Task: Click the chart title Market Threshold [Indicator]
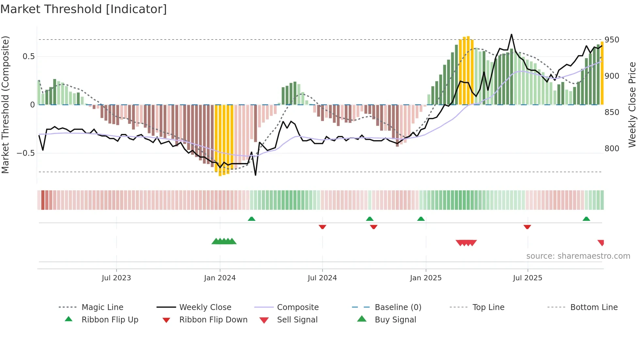coord(84,9)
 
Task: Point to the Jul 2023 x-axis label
coord(116,278)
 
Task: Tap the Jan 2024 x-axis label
coord(220,278)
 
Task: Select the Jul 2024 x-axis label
coord(322,278)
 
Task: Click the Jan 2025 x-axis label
coord(426,278)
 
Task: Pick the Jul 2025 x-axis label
coord(528,278)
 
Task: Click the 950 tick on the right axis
coord(612,40)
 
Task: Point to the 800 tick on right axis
coord(612,149)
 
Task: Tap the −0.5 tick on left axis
coord(26,153)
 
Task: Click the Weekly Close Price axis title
coord(632,105)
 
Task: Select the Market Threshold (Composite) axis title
coord(5,105)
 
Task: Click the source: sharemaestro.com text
coord(578,256)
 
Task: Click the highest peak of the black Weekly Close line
coord(511,34)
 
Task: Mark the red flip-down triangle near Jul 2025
coord(527,227)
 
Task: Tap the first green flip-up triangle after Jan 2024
coord(251,219)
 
